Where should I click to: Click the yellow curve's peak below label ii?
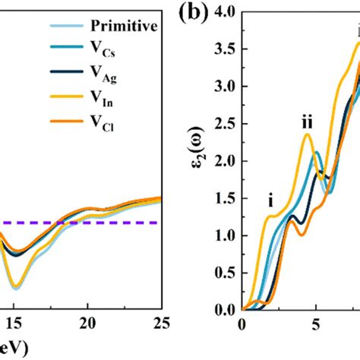click(x=307, y=134)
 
